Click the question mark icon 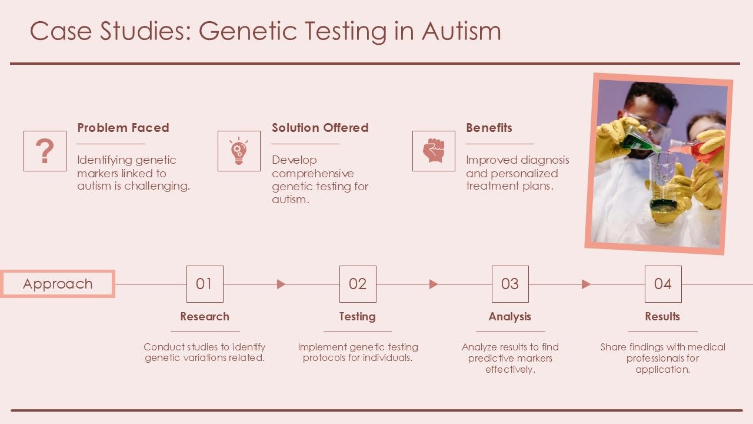pos(45,151)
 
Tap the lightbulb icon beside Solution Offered pos(239,151)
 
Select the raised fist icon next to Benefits pos(434,151)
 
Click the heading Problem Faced pos(123,128)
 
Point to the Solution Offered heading pos(319,128)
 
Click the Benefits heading pos(489,128)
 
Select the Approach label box pos(58,284)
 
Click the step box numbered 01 pos(205,284)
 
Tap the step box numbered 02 pos(358,284)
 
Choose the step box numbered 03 pos(510,284)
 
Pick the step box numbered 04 pos(663,284)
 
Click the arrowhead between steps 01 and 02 pos(281,284)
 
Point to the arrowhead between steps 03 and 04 pos(586,284)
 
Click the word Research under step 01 pos(205,317)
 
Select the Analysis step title pos(509,317)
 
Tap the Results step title pos(662,317)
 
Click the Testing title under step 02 pos(357,317)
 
